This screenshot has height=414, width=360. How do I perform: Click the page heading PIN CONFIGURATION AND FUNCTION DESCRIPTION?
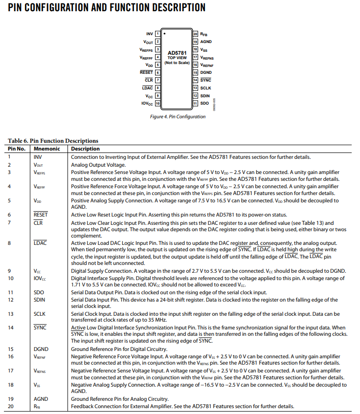(x=107, y=8)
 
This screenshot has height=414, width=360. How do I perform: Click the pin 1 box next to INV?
(x=157, y=34)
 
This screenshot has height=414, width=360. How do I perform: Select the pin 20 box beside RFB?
(x=195, y=34)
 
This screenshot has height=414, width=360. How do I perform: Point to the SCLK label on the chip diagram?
(x=205, y=88)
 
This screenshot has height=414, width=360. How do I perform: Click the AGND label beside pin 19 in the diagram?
(x=206, y=42)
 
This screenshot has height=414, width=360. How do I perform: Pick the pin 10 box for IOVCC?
(x=157, y=104)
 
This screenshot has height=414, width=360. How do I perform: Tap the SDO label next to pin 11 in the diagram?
(x=204, y=103)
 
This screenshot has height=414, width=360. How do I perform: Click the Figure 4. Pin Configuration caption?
(x=177, y=117)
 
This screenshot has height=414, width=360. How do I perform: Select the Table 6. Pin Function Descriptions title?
(x=53, y=141)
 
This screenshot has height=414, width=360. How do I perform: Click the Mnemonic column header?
(x=47, y=149)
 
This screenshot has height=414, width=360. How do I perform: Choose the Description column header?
(x=86, y=149)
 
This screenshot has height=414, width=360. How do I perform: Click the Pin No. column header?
(x=18, y=149)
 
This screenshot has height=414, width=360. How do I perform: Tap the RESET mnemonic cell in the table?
(x=41, y=215)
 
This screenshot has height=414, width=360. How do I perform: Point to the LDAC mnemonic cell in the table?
(x=40, y=242)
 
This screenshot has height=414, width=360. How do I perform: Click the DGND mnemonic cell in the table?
(x=41, y=349)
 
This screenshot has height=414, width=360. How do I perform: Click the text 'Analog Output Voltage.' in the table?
(x=98, y=165)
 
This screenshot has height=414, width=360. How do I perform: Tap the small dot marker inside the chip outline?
(x=165, y=34)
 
